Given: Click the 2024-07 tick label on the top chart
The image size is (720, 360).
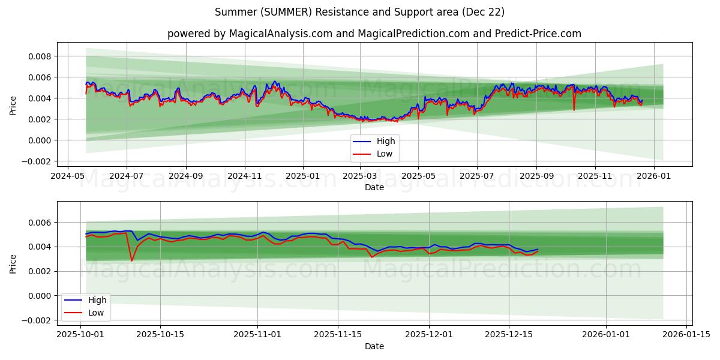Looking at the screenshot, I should [126, 176].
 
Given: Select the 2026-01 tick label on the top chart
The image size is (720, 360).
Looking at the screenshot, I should [653, 176].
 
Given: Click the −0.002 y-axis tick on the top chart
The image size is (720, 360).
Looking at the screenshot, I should [35, 161].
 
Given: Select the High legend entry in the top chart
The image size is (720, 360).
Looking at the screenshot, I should [382, 141].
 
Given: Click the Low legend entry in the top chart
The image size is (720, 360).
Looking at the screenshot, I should [382, 154].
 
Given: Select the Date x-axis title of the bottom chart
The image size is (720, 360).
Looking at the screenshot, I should [374, 346].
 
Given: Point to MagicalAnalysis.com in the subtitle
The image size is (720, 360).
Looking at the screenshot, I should [280, 34].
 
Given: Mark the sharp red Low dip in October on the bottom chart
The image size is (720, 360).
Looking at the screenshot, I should [132, 260].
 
